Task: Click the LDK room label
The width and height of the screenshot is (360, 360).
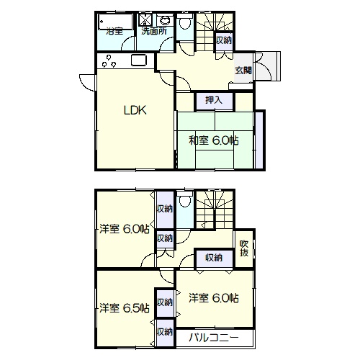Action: [x=135, y=110]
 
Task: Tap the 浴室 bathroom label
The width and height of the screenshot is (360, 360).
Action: [x=114, y=31]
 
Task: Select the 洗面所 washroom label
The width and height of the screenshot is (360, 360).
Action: [x=154, y=31]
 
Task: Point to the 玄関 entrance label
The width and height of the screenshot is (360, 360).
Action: [x=243, y=71]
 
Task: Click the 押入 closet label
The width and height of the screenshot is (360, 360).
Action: [x=214, y=100]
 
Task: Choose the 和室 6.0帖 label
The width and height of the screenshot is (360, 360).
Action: [x=214, y=140]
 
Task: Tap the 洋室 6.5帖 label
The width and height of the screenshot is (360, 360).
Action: [x=125, y=308]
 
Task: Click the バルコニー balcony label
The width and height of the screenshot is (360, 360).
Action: [x=214, y=338]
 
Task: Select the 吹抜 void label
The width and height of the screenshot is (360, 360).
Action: [x=244, y=248]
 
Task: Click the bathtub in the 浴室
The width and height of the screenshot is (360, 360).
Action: [x=116, y=22]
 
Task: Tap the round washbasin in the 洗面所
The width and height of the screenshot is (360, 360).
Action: [x=164, y=21]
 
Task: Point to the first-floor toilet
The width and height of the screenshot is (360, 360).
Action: [x=185, y=22]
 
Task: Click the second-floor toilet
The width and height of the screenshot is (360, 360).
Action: [x=185, y=199]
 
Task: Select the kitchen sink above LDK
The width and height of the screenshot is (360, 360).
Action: [x=139, y=60]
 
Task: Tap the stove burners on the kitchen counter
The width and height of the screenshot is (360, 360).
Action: [x=109, y=61]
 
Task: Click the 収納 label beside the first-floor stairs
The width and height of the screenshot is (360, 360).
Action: [x=224, y=40]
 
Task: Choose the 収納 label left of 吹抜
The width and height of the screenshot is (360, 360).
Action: [x=214, y=258]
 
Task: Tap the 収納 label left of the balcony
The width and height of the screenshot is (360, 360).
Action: [x=165, y=332]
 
